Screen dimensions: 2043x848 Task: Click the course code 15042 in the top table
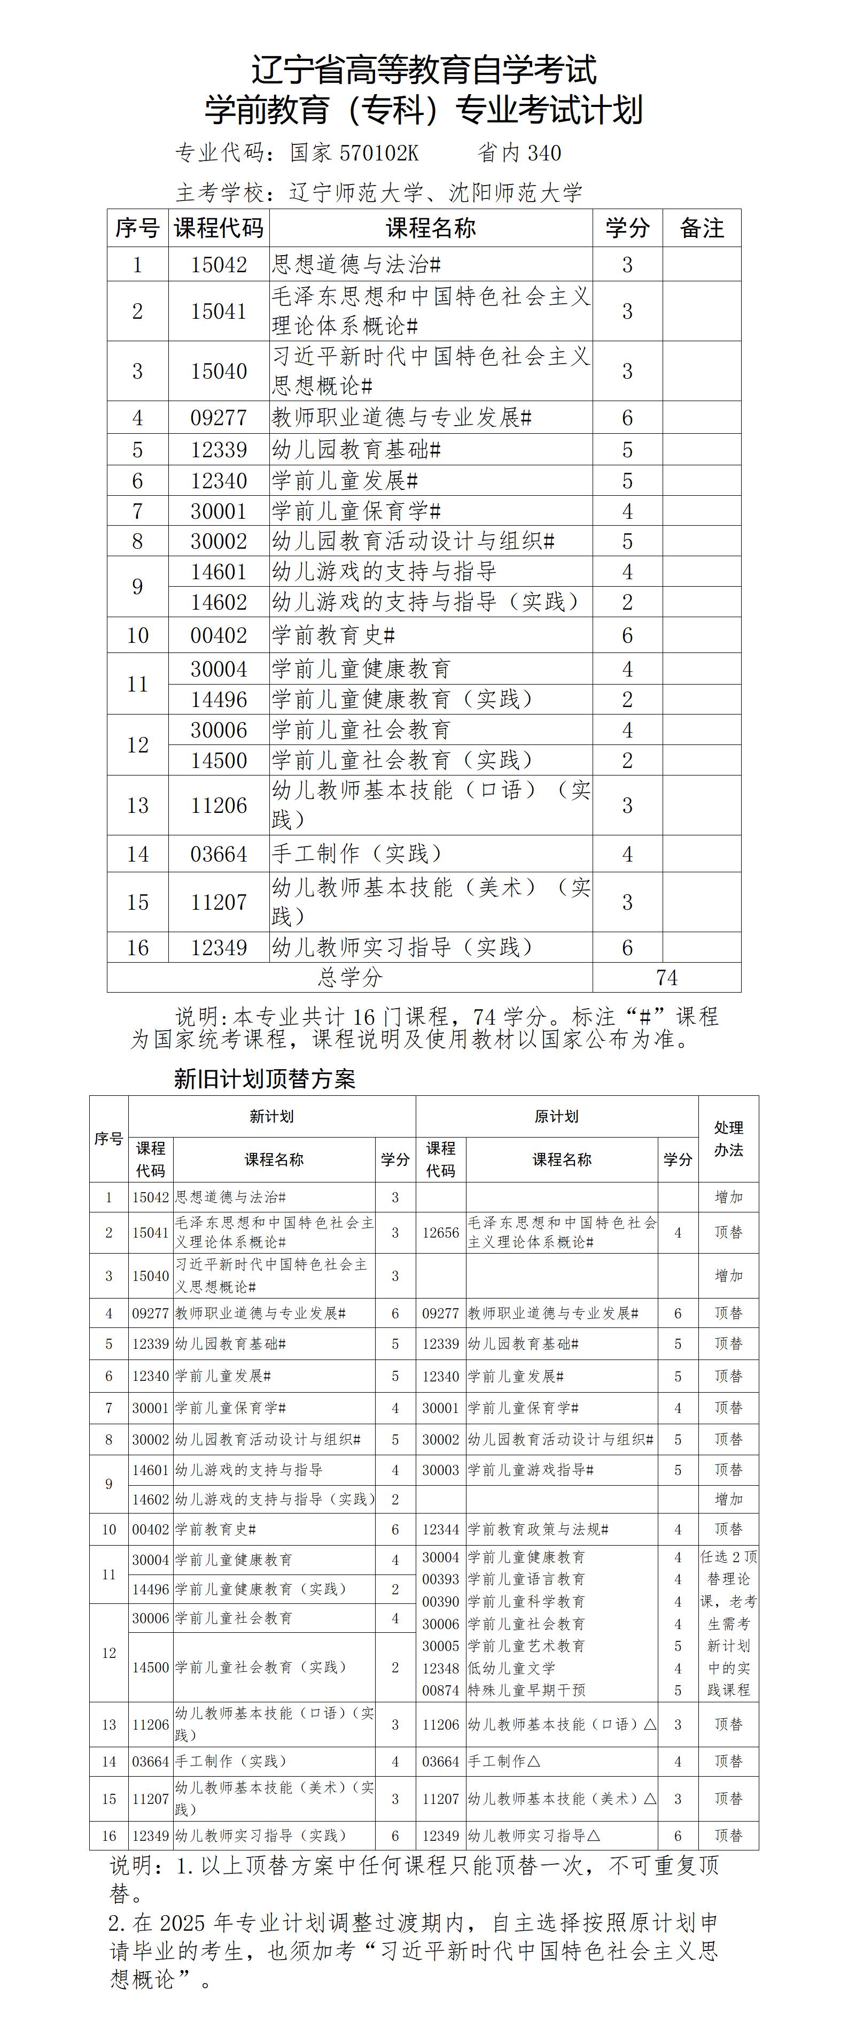[x=219, y=265]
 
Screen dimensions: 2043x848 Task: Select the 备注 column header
[x=702, y=228]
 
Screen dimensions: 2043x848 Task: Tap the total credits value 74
[x=666, y=977]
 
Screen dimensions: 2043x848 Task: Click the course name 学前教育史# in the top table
[x=333, y=635]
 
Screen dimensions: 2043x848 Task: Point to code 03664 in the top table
[x=219, y=854]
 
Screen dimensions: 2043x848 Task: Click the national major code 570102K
[x=379, y=153]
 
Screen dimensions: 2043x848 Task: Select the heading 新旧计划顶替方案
[x=264, y=1079]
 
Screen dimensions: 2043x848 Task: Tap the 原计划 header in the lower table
[x=556, y=1116]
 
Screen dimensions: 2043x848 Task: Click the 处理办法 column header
[x=728, y=1138]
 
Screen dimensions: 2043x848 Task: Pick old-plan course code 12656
[x=441, y=1232]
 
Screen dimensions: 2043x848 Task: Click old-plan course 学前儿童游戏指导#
[x=530, y=1470]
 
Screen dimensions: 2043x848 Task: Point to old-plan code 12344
[x=441, y=1529]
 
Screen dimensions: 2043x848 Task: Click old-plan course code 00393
[x=441, y=1579]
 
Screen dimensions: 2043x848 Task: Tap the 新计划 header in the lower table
[x=271, y=1116]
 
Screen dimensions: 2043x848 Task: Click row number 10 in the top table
[x=138, y=635]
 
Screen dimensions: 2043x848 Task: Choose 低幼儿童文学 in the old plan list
[x=511, y=1668]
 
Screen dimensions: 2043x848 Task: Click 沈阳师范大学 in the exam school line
[x=516, y=193]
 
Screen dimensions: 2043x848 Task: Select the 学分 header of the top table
[x=627, y=228]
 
